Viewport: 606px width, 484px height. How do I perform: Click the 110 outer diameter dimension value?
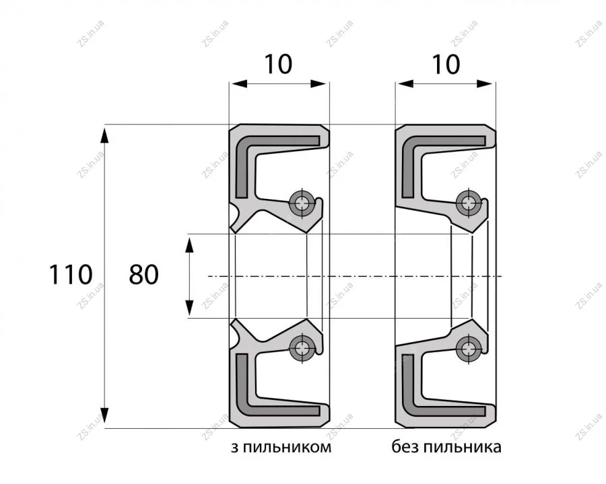pos(70,274)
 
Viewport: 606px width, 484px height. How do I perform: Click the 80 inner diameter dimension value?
pos(144,274)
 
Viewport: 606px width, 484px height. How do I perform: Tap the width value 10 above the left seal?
pos(278,64)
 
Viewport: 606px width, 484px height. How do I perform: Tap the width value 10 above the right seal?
pos(446,64)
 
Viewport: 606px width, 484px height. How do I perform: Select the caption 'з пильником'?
pos(281,447)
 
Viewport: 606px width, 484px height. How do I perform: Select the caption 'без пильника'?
pos(446,446)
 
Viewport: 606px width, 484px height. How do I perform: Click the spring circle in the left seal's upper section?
pos(302,202)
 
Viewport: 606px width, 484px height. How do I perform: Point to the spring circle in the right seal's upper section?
pos(468,202)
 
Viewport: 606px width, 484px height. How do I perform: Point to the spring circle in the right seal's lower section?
pos(468,348)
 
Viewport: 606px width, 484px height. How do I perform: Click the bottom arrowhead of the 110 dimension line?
pos(105,416)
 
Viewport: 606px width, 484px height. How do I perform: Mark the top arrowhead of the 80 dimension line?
pos(189,245)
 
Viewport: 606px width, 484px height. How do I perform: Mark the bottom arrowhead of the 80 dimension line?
pos(189,308)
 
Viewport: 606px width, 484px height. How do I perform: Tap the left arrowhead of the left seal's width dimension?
pos(238,83)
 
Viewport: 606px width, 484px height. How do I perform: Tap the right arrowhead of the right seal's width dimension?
pos(485,83)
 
